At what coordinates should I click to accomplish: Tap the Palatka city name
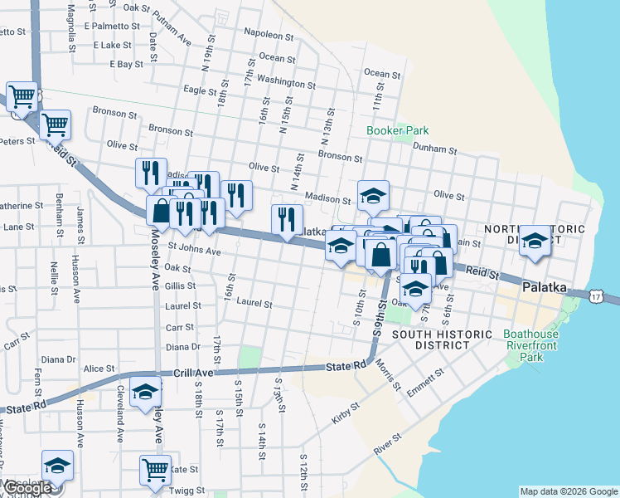(545, 287)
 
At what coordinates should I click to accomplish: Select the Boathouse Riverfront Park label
(531, 345)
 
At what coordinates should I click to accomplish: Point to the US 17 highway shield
(598, 295)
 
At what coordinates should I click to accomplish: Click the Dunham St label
(435, 149)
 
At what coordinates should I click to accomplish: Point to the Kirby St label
(346, 413)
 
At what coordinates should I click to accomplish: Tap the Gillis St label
(179, 286)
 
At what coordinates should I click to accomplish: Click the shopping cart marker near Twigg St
(155, 468)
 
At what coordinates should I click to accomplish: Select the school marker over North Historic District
(535, 240)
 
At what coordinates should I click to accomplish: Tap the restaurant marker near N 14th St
(287, 219)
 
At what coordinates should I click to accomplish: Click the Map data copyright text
(568, 491)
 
